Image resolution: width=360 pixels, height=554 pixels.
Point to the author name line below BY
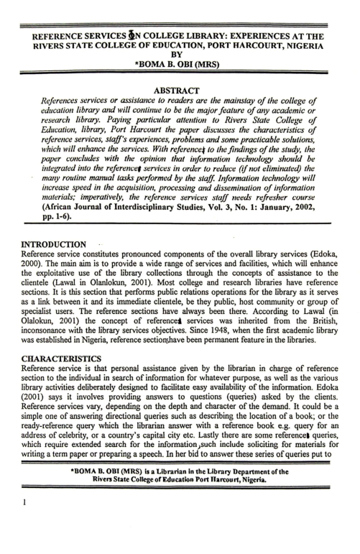[180, 63]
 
